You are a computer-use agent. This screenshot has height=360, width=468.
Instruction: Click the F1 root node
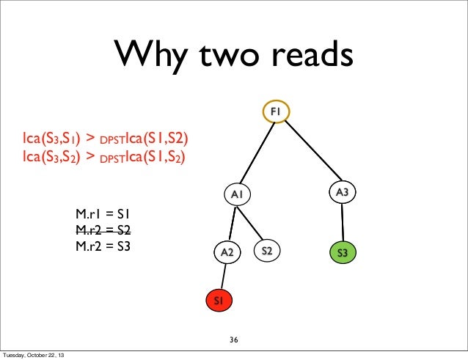[x=277, y=111]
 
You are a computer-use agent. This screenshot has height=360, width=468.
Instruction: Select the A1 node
[x=237, y=194]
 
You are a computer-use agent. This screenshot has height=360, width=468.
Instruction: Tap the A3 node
[x=342, y=192]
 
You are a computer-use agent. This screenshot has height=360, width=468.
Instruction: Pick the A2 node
[x=227, y=252]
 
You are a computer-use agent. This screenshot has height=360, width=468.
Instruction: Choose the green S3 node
[x=342, y=253]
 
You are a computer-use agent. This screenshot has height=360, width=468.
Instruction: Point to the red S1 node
[x=219, y=301]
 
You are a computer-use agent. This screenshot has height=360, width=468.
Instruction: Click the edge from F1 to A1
[x=257, y=152]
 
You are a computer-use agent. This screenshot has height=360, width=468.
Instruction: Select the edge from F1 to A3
[x=310, y=151]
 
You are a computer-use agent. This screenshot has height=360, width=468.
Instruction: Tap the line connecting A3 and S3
[x=342, y=222]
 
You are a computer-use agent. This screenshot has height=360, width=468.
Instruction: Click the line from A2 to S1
[x=223, y=276]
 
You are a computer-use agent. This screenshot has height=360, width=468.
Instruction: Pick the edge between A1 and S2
[x=253, y=223]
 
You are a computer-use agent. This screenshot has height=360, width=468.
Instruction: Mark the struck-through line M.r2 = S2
[x=103, y=230]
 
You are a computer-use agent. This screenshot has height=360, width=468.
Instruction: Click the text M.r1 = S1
[x=103, y=215]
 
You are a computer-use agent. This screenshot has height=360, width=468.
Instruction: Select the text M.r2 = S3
[x=103, y=246]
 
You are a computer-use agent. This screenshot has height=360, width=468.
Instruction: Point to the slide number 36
[x=234, y=340]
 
